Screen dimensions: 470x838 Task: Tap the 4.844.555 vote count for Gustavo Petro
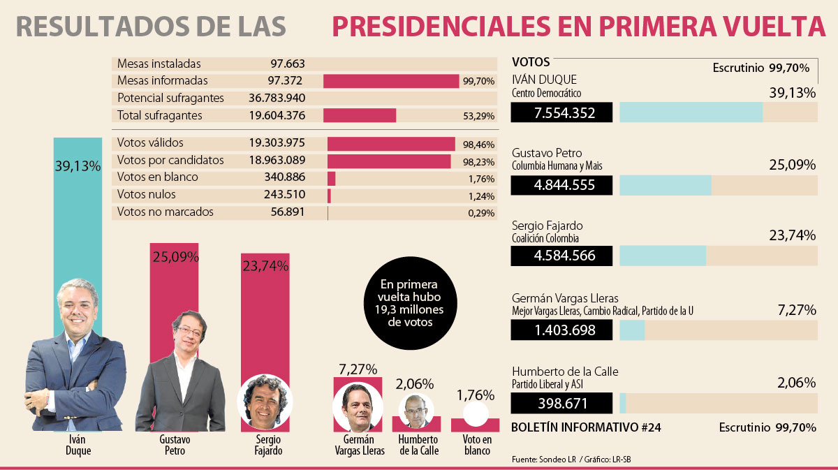[562, 185]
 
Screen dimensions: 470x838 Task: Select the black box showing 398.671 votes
[562, 404]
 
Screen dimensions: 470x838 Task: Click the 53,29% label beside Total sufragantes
[478, 116]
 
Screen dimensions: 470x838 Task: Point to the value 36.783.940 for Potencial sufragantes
[277, 98]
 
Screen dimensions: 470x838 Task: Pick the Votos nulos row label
[147, 195]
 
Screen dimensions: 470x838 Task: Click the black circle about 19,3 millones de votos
[409, 304]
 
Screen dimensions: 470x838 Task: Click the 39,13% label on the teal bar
[78, 166]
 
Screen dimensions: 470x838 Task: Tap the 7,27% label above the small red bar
[358, 369]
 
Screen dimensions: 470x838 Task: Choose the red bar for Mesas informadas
[390, 81]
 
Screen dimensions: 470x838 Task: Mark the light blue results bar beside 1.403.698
[632, 330]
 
